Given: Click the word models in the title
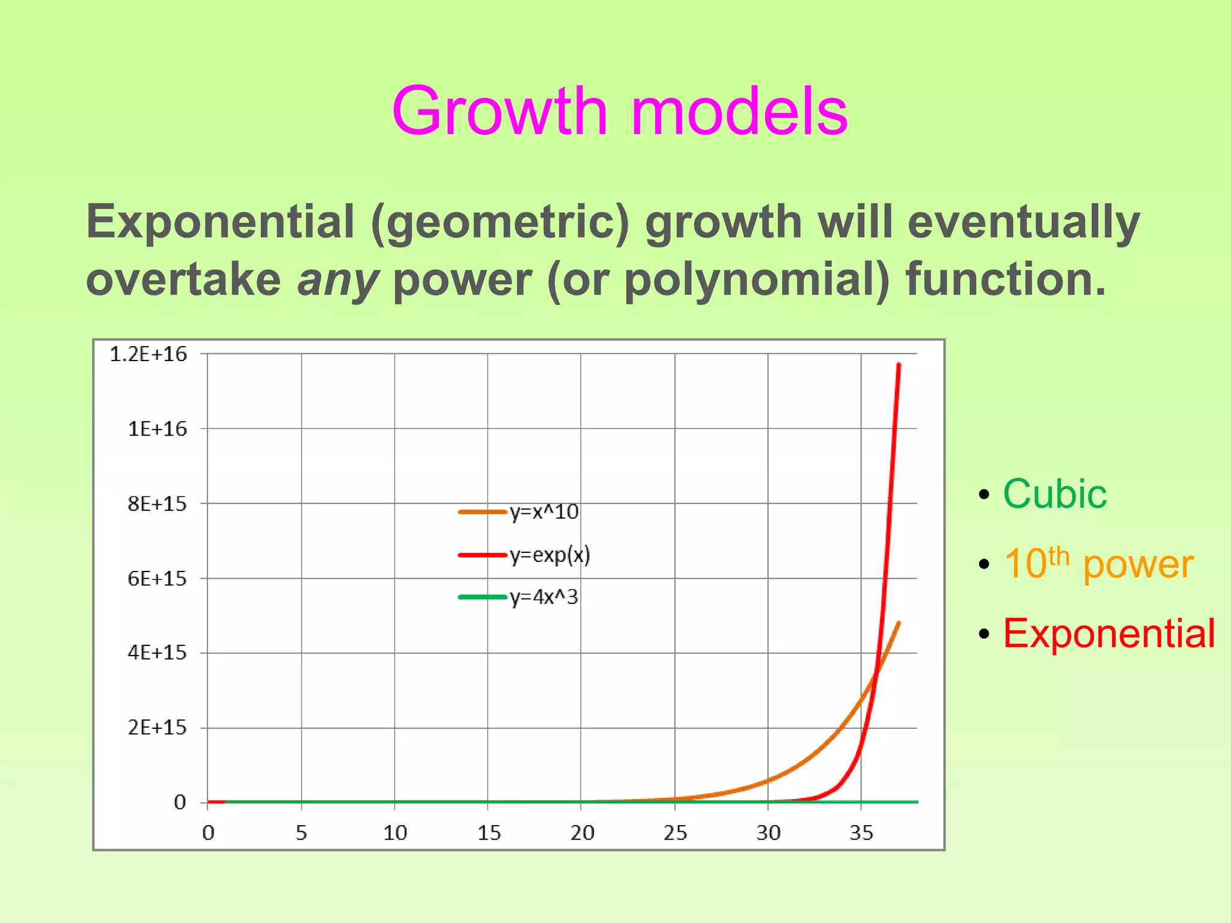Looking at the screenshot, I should [x=739, y=112].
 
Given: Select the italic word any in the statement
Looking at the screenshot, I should [x=337, y=280].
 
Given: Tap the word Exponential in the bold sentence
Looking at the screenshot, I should [x=220, y=222].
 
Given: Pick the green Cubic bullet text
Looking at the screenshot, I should [x=1054, y=494].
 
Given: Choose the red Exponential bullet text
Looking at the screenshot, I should [x=1109, y=633].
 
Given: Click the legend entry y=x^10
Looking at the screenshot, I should [x=543, y=512].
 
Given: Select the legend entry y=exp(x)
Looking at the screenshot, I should [x=549, y=555].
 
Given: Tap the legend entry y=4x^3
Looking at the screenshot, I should [x=543, y=597].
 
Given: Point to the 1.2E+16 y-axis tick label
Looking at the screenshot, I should [x=148, y=355].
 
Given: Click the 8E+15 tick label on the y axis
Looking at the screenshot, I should [x=157, y=504].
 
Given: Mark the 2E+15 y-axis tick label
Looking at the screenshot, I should [x=157, y=728].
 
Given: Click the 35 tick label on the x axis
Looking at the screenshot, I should [x=861, y=833].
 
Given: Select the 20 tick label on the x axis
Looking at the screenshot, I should [x=582, y=833].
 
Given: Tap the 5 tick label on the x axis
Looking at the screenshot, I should [x=301, y=833].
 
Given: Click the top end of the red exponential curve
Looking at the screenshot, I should [x=899, y=365].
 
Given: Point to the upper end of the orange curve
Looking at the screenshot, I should [x=899, y=623].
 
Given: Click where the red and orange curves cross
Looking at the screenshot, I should [x=876, y=673].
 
